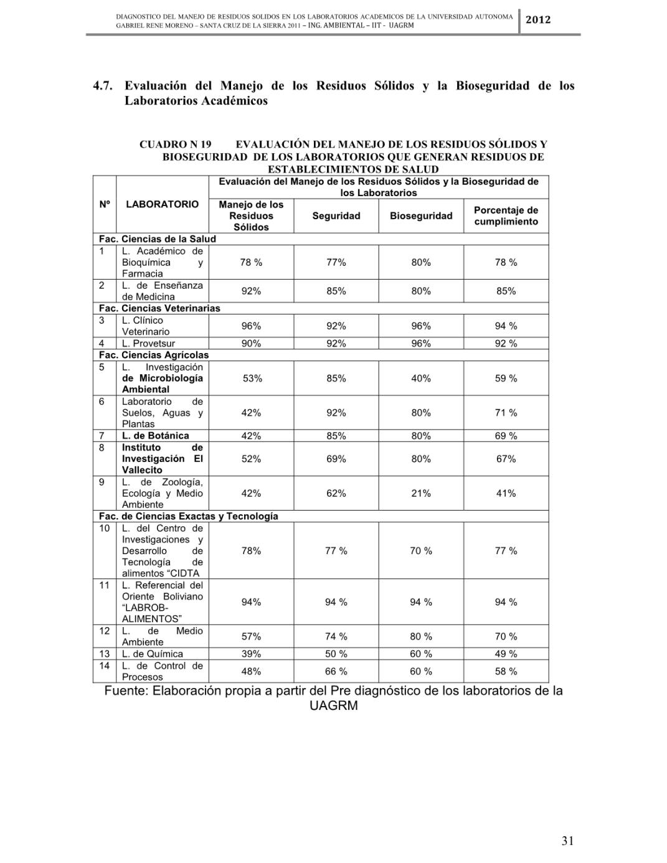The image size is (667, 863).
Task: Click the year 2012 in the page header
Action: [538, 20]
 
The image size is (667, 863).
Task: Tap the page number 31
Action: [567, 841]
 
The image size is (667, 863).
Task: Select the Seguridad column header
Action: [336, 216]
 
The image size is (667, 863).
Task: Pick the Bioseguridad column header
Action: [421, 216]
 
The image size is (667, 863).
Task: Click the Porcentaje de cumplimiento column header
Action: [506, 216]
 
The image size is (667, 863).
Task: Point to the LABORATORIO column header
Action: [162, 204]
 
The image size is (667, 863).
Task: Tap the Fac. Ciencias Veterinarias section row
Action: [159, 308]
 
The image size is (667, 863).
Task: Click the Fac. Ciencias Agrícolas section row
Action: [154, 355]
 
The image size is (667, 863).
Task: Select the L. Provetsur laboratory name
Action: [148, 344]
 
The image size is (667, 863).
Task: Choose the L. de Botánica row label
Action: [155, 436]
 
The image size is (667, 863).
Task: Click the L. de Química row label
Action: [152, 654]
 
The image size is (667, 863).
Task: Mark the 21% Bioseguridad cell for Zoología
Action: [421, 493]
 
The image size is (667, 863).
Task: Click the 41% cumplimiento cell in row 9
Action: [506, 493]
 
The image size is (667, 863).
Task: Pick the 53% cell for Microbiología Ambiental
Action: [252, 378]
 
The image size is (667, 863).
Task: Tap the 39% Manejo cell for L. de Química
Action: [251, 654]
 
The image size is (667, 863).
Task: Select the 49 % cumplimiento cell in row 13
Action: [506, 654]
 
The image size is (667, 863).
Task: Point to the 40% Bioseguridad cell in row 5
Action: [421, 378]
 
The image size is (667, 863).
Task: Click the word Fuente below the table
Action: [126, 691]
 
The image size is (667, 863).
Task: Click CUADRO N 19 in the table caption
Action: [175, 144]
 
